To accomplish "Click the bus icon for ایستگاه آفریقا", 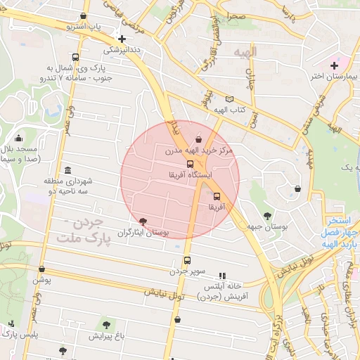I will tap(190, 164).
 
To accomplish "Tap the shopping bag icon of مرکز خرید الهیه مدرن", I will tap(199, 139).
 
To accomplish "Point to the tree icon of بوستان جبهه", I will tap(267, 216).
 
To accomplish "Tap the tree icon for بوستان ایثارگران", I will tap(143, 221).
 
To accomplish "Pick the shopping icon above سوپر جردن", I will tap(186, 260).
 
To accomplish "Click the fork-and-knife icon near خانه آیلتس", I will tap(223, 276).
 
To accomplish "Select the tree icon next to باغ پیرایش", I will tap(106, 325).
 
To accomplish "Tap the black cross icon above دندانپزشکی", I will tap(122, 39).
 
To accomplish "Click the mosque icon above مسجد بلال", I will tap(18, 138).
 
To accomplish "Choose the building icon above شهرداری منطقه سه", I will tap(67, 171).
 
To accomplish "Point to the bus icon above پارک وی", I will tap(75, 58).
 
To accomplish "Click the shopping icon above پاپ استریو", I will tap(84, 15).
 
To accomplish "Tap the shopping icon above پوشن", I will tap(42, 268).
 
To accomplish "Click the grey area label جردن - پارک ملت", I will tap(84, 232).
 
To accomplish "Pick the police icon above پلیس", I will tap(12, 324).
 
